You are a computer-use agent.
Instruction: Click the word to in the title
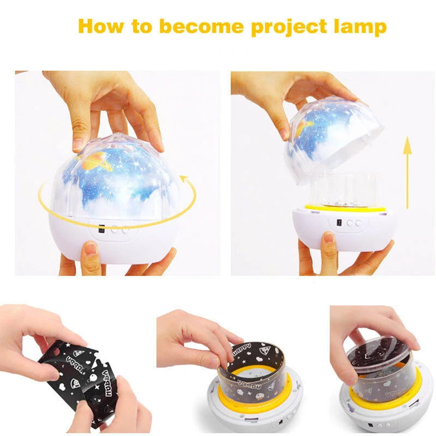click(x=138, y=26)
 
